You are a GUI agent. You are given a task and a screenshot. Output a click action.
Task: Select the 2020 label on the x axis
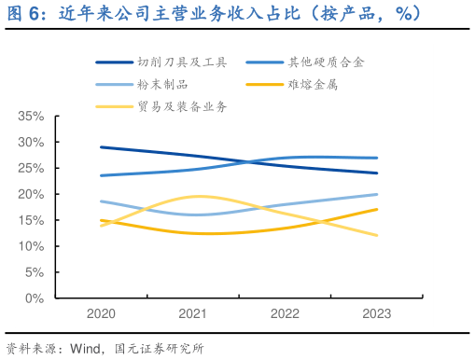(102, 315)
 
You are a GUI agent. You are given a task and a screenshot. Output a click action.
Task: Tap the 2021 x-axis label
(193, 315)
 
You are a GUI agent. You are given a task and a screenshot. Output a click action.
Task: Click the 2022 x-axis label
(286, 315)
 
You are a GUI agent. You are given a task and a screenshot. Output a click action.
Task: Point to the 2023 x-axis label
(377, 315)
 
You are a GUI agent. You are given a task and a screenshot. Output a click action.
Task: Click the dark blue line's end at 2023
(377, 173)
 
